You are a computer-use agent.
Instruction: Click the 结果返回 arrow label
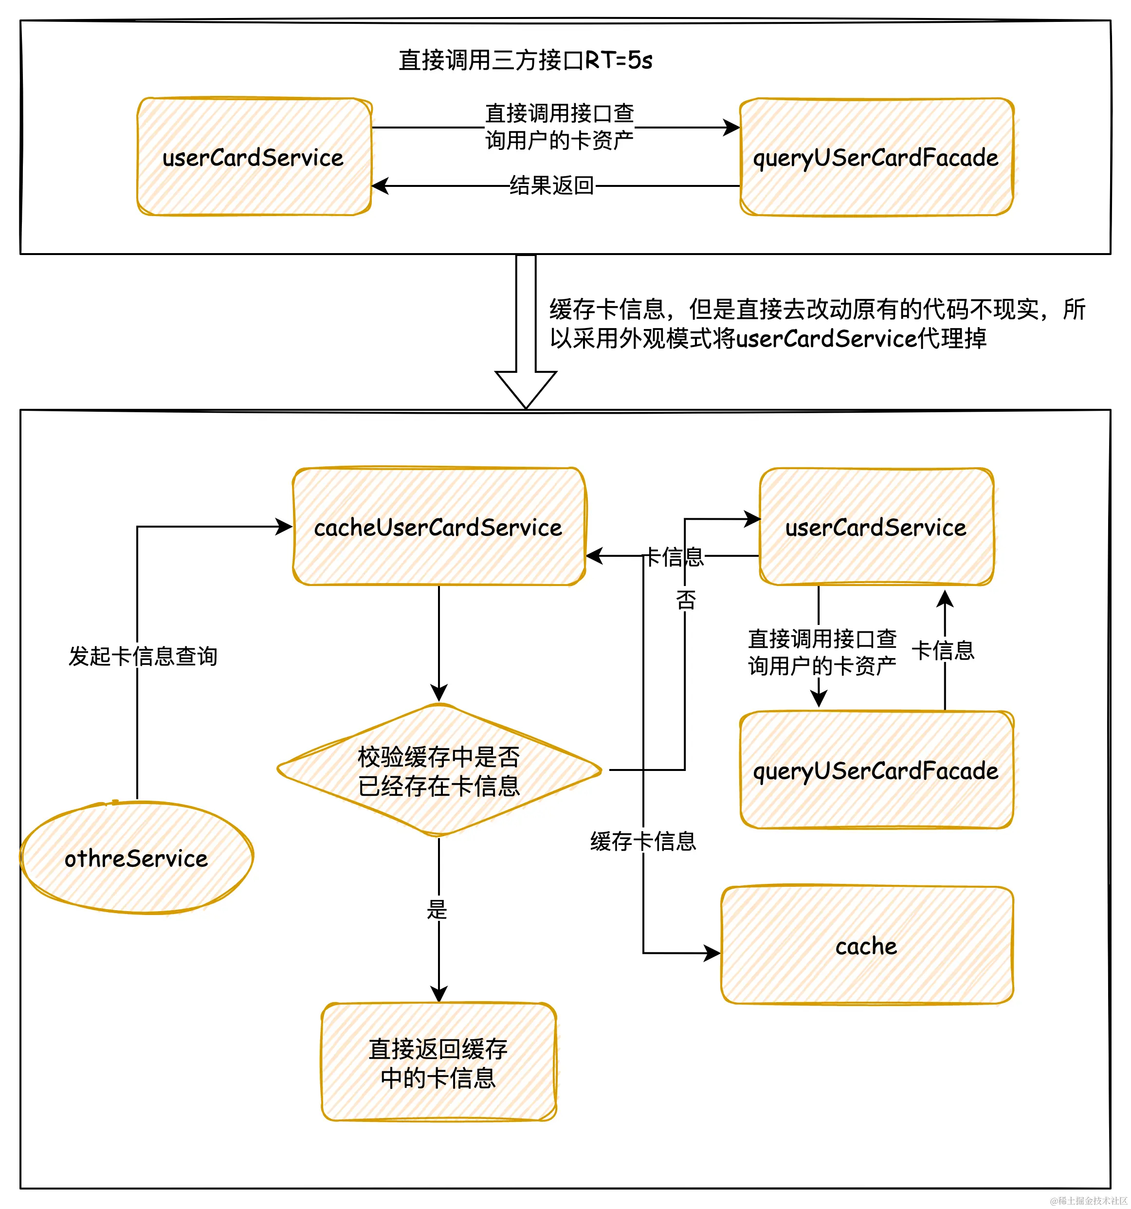point(551,185)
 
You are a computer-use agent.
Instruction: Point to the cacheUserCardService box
point(438,527)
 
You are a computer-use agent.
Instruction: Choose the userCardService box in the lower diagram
point(876,527)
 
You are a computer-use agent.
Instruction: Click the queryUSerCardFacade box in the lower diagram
point(876,770)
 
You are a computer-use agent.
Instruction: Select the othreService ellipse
point(137,858)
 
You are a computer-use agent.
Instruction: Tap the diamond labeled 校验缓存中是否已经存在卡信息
point(438,770)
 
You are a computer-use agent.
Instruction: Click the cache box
point(866,946)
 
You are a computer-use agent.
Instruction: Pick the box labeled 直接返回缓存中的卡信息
point(438,1062)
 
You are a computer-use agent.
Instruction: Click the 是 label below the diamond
point(437,910)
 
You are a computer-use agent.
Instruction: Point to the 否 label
point(685,600)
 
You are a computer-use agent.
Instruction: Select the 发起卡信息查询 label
point(143,656)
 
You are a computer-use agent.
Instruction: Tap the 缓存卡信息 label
point(643,841)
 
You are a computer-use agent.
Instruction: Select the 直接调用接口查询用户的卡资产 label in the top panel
point(560,127)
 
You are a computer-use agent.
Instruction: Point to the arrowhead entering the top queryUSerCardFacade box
point(731,128)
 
